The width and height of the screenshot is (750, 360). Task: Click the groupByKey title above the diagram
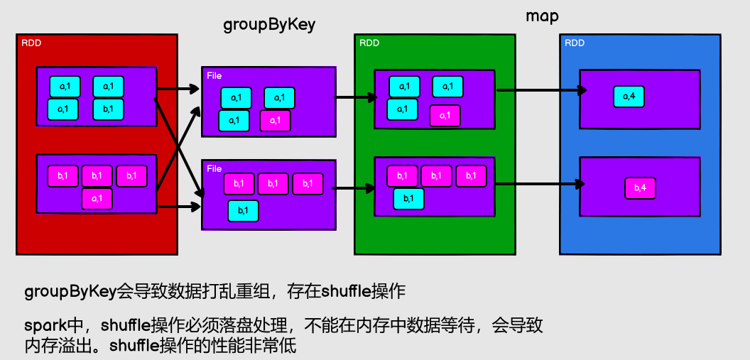(269, 25)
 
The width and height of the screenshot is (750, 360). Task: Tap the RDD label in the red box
(31, 42)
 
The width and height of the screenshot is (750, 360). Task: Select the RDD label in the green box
(369, 43)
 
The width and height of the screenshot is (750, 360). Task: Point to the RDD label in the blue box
(575, 43)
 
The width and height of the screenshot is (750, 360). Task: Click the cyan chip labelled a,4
(629, 96)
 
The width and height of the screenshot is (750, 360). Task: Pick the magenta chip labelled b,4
(640, 188)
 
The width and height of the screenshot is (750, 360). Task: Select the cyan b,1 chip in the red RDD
(108, 109)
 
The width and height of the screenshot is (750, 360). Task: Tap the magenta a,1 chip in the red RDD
(97, 199)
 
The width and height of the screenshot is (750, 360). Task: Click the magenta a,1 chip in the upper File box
(276, 121)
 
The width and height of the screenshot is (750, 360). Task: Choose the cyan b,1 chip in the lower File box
(243, 211)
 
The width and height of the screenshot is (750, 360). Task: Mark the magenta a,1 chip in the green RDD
(445, 116)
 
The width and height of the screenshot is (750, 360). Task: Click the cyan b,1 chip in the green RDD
(408, 198)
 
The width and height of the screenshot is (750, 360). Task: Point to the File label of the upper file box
(214, 75)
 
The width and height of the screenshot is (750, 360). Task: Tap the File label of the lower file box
(214, 169)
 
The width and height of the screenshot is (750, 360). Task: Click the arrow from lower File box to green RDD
(354, 188)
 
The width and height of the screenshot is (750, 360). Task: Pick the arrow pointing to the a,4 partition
(540, 90)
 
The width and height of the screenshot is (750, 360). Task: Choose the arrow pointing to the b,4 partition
(540, 184)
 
